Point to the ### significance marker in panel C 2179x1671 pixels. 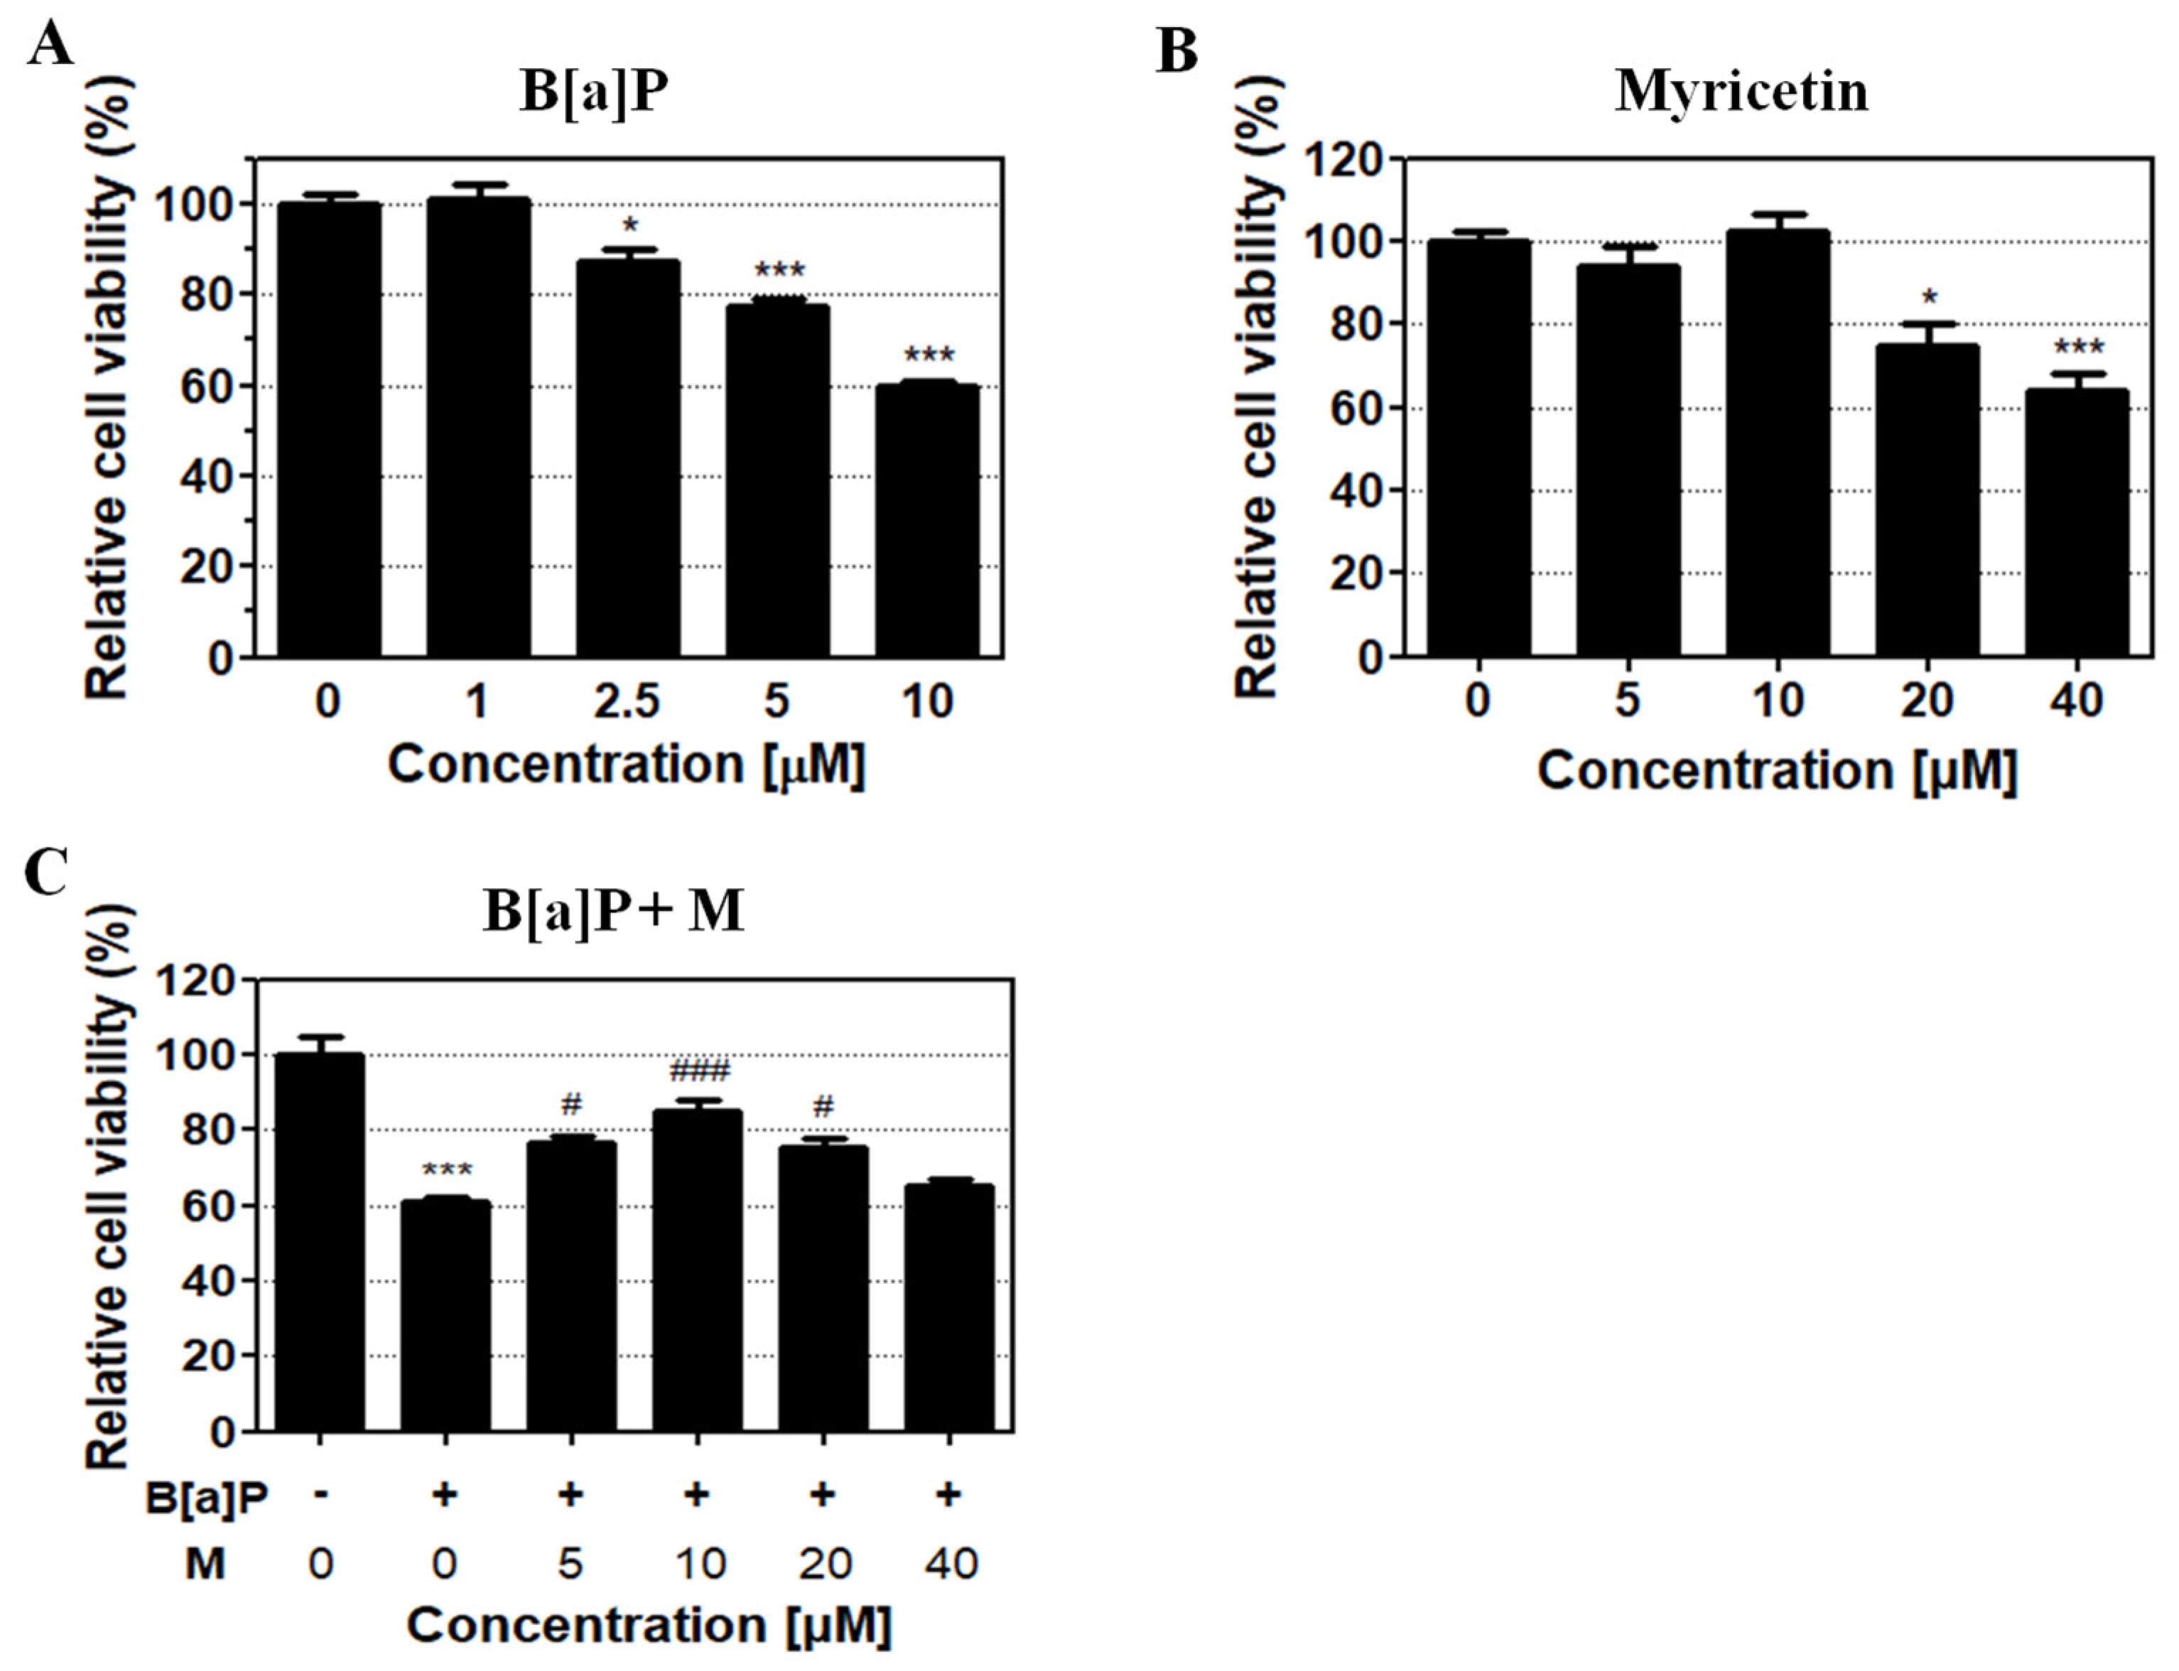[699, 1071]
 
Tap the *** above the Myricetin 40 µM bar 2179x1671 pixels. [2079, 348]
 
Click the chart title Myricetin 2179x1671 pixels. [1741, 92]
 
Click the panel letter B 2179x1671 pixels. [1177, 50]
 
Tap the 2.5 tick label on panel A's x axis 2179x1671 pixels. [627, 702]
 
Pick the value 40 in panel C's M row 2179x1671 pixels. [951, 1564]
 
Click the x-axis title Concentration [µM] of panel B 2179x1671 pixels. [1776, 771]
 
